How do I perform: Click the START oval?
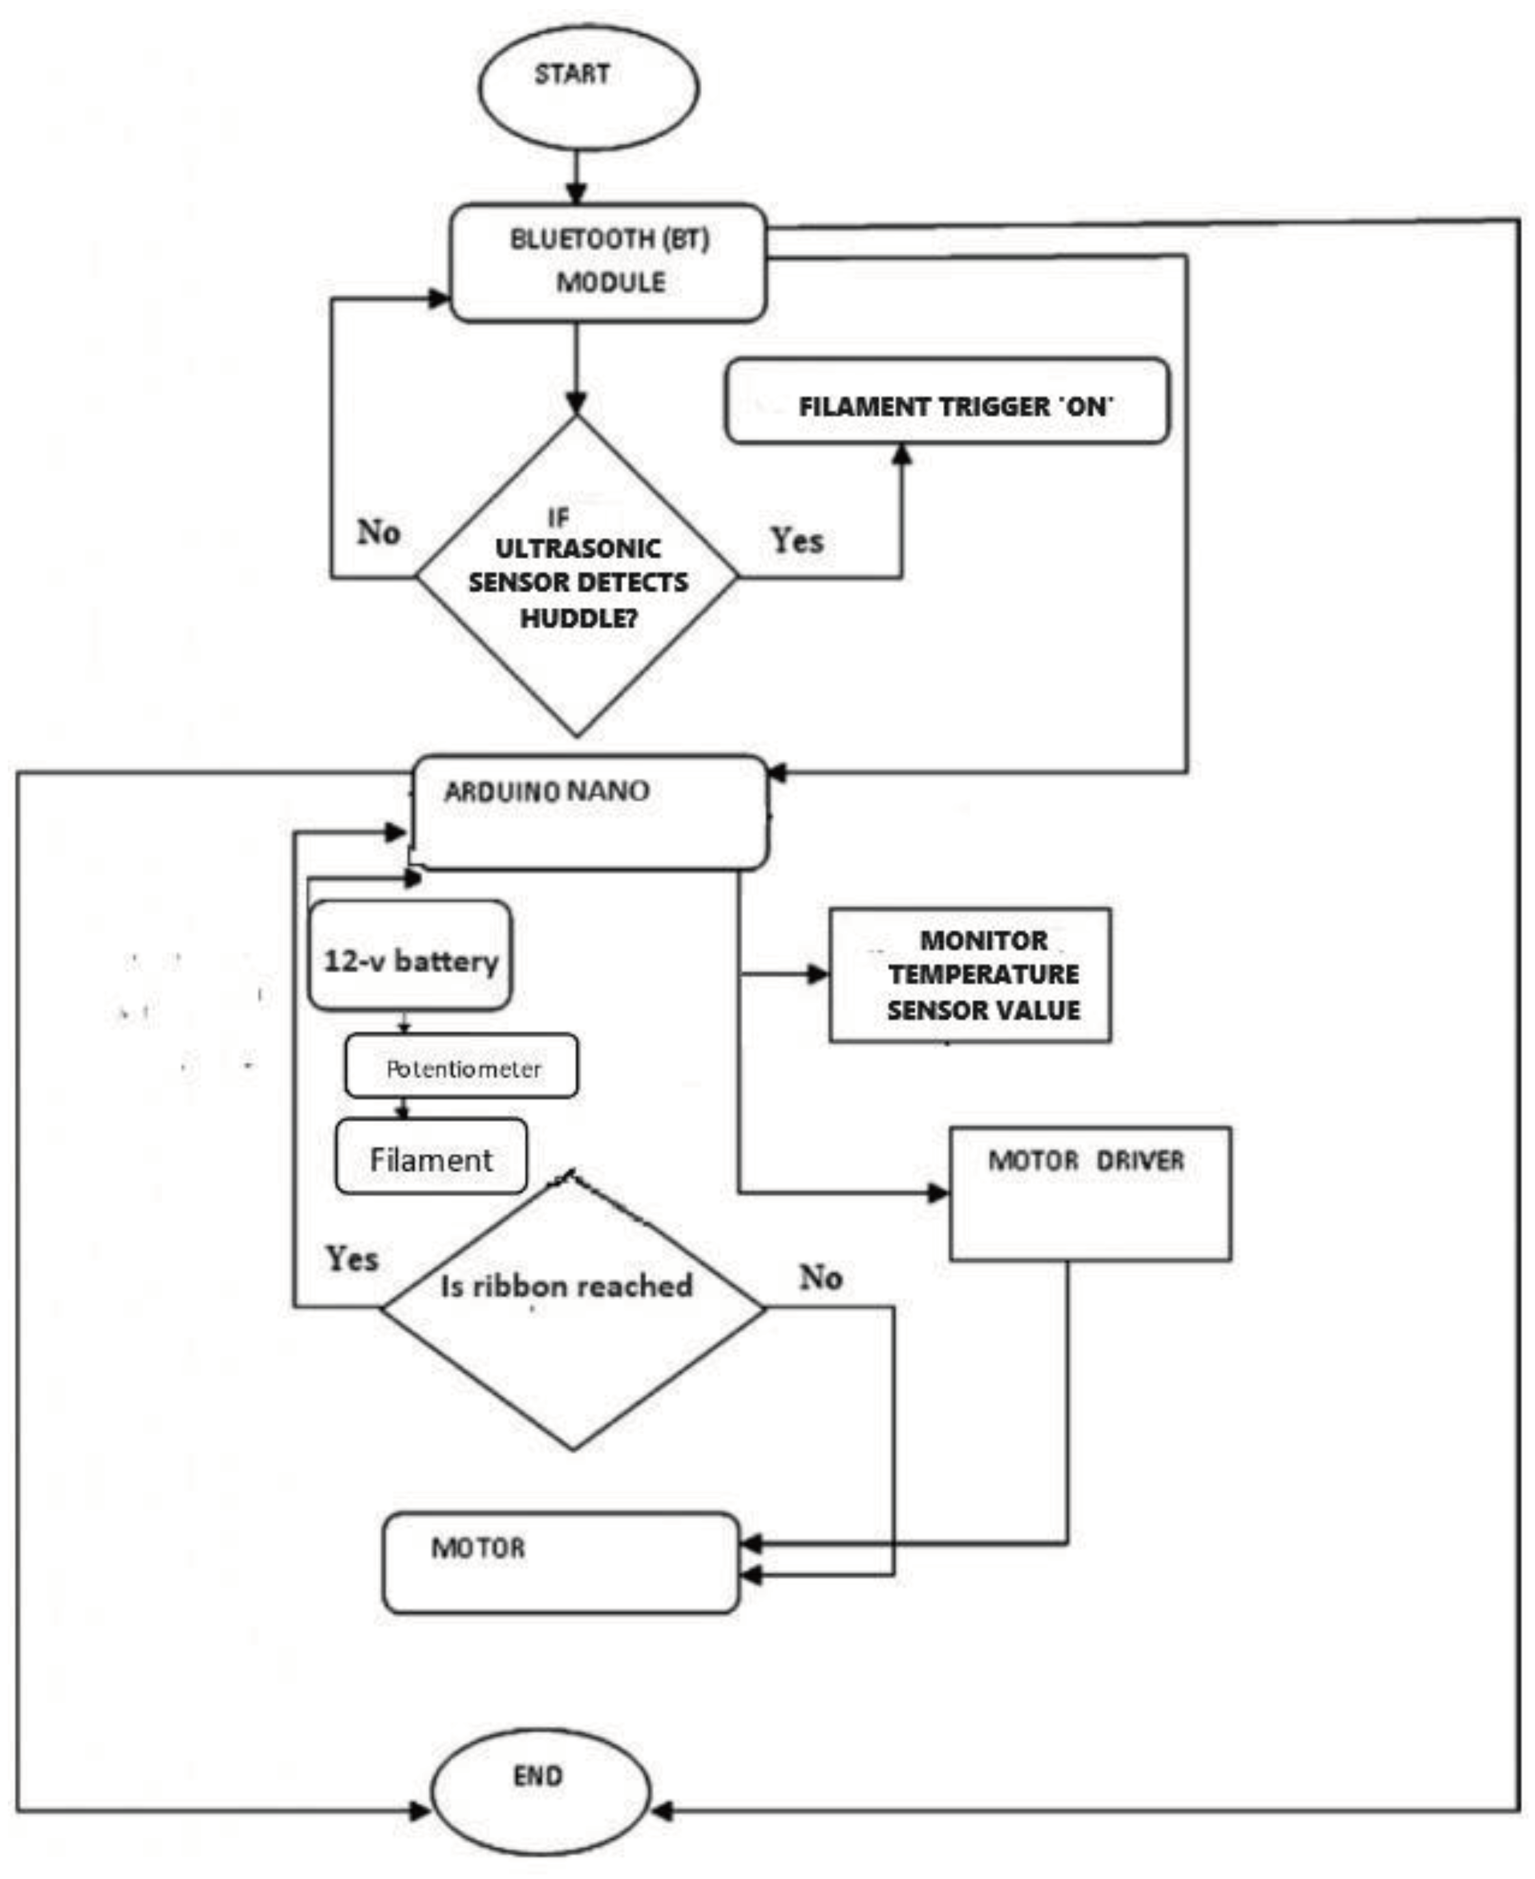click(x=588, y=88)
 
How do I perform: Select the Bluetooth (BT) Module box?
click(x=608, y=263)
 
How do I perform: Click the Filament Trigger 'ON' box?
click(x=947, y=402)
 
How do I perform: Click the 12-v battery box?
click(x=409, y=955)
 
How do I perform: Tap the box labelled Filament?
click(x=431, y=1156)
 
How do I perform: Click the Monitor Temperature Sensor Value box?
click(x=970, y=974)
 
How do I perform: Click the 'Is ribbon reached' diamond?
click(x=572, y=1308)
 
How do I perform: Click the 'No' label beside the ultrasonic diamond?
click(x=378, y=532)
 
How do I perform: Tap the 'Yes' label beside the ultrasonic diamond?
click(x=797, y=540)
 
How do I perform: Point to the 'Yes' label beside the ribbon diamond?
click(x=352, y=1258)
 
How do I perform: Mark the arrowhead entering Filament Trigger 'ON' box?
click(x=902, y=454)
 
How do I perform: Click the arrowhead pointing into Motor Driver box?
click(x=937, y=1193)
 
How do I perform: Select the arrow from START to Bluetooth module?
click(x=576, y=177)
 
